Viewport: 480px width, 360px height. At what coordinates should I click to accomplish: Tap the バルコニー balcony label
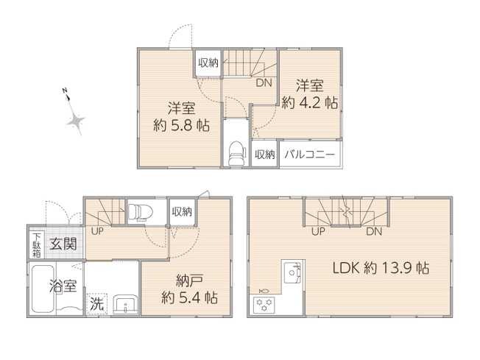click(x=309, y=155)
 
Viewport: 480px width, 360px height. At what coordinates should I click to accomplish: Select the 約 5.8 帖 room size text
click(x=181, y=125)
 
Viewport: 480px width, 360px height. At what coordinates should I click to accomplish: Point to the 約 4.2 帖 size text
click(x=310, y=103)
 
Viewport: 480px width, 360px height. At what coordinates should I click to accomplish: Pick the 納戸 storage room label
click(x=189, y=281)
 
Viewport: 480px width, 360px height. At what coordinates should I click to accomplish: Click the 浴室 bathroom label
click(x=63, y=286)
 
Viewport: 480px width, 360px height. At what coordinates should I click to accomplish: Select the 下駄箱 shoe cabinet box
click(x=36, y=244)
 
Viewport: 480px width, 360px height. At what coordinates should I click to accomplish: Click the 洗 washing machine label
click(x=96, y=302)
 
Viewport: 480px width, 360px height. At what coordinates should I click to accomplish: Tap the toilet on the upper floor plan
click(x=236, y=152)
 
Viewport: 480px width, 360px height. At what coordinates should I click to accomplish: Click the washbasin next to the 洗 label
click(x=123, y=302)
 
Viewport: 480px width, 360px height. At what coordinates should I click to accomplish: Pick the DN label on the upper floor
click(x=263, y=83)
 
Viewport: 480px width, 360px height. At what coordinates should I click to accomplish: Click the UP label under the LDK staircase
click(x=318, y=231)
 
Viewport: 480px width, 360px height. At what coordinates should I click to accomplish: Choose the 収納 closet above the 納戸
click(x=182, y=211)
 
